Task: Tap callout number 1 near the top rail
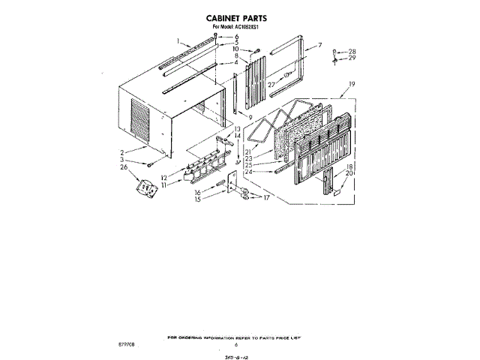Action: (x=178, y=40)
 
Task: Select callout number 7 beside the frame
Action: (x=319, y=46)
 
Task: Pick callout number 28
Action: (x=352, y=51)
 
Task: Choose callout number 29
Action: (x=352, y=58)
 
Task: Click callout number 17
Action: (x=264, y=198)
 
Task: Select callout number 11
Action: (x=163, y=184)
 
